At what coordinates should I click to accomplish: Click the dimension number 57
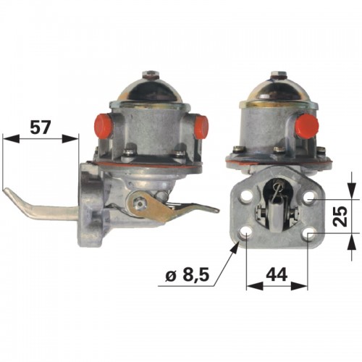pyautogui.click(x=41, y=127)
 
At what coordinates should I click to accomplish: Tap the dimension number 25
pyautogui.click(x=340, y=216)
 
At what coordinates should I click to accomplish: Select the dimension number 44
pyautogui.click(x=277, y=274)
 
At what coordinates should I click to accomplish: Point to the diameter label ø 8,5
pyautogui.click(x=187, y=274)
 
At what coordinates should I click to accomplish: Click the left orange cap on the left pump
pyautogui.click(x=104, y=125)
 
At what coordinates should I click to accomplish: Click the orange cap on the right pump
pyautogui.click(x=306, y=125)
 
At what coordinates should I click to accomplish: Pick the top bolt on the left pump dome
pyautogui.click(x=150, y=74)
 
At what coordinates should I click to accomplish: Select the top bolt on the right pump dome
pyautogui.click(x=278, y=74)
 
